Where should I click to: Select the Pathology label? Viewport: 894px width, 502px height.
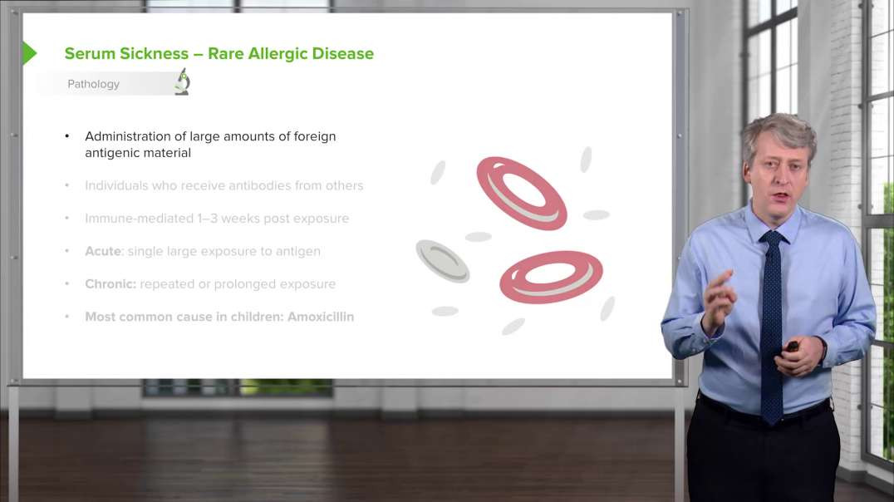tap(93, 84)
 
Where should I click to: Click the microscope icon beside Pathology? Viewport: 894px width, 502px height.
tap(182, 82)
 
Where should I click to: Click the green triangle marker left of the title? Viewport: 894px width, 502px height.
tap(29, 53)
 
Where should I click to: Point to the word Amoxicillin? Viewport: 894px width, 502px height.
tap(321, 317)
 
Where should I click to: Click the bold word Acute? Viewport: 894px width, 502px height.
tap(103, 251)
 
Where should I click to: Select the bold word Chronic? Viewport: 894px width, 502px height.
tap(110, 284)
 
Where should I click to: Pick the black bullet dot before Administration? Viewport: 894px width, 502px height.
tap(67, 136)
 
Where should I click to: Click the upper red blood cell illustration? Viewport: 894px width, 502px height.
tap(522, 193)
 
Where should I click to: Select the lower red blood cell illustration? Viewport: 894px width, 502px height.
tap(551, 277)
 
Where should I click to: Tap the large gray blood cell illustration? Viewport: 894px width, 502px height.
tap(442, 261)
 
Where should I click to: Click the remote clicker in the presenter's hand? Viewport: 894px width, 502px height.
tap(792, 346)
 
